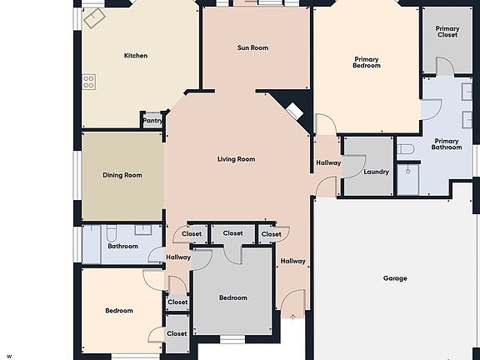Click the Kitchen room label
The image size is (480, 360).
point(136,56)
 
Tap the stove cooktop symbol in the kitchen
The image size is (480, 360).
point(88,82)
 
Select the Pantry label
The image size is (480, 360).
point(152,121)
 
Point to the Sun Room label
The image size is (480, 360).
point(252,48)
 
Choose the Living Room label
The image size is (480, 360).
point(236,159)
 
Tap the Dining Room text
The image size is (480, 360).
point(122,176)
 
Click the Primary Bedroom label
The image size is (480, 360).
point(367,62)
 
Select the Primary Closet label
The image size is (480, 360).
point(447,33)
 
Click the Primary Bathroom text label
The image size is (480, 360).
point(447,144)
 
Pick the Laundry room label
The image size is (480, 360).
point(377,172)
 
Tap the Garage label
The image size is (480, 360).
point(395,278)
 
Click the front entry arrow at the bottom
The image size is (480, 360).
point(292,316)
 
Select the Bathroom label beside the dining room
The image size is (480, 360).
point(122,247)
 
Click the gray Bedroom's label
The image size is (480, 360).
point(233,298)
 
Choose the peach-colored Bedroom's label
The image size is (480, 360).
point(119,311)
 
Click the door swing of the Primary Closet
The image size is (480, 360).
point(443,67)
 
